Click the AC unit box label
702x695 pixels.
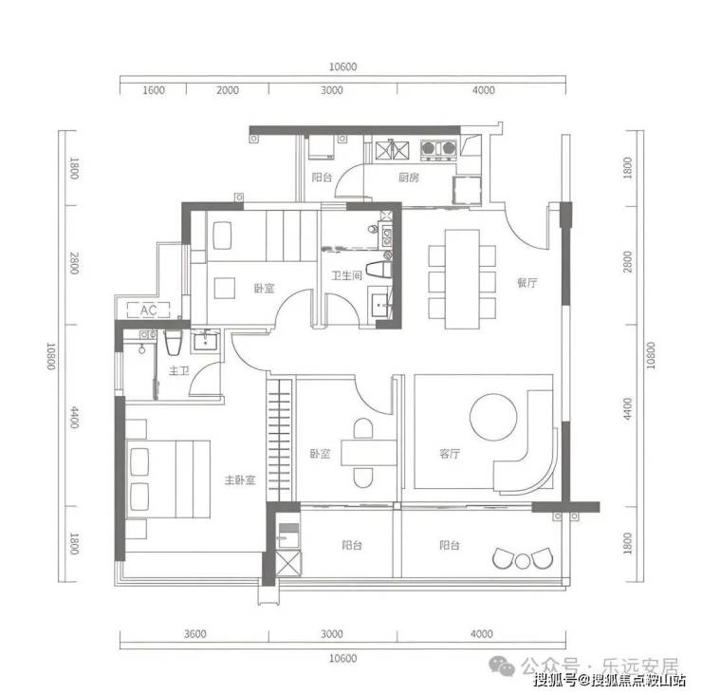(x=149, y=310)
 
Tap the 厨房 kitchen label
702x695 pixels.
(x=408, y=178)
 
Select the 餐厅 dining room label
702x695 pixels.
(x=526, y=282)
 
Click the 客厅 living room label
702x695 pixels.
(x=450, y=454)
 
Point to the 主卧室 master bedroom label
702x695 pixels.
(x=240, y=480)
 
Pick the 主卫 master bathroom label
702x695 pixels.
(x=178, y=370)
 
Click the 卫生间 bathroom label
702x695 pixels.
(x=346, y=275)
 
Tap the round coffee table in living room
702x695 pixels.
(x=493, y=417)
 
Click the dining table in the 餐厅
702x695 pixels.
(x=462, y=279)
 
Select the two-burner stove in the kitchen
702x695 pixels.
(x=438, y=149)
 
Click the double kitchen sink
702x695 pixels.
(x=392, y=150)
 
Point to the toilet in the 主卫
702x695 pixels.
(x=173, y=343)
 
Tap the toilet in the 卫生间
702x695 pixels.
(x=379, y=270)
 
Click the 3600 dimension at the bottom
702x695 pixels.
(x=195, y=633)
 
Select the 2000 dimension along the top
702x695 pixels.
(x=228, y=90)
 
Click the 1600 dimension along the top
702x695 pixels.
(x=154, y=90)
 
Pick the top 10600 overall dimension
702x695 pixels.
(x=343, y=66)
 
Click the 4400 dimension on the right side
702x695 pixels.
(x=628, y=408)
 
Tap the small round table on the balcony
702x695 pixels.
(x=523, y=561)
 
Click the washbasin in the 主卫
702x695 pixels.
(x=206, y=342)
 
